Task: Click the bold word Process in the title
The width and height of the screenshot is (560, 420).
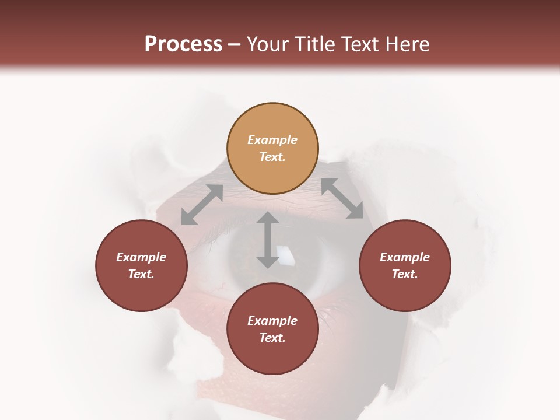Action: (183, 44)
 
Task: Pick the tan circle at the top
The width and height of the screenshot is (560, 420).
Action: (272, 148)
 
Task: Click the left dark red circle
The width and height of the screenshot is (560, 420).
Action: (141, 265)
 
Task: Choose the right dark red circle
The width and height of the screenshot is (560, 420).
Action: (405, 265)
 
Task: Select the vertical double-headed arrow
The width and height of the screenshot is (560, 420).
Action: (268, 240)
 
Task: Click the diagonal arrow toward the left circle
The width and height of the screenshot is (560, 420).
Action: (202, 205)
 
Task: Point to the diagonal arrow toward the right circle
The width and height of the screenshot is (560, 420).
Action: (342, 198)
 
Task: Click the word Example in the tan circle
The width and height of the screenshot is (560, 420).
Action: (272, 140)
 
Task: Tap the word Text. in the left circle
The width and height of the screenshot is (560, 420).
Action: (141, 274)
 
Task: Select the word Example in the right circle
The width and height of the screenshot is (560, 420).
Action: (405, 257)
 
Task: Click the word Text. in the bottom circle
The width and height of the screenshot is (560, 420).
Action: (272, 338)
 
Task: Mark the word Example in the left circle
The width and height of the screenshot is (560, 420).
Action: (141, 257)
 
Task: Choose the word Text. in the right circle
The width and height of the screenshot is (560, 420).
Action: (405, 274)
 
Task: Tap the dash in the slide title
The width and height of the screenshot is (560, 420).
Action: (235, 45)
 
